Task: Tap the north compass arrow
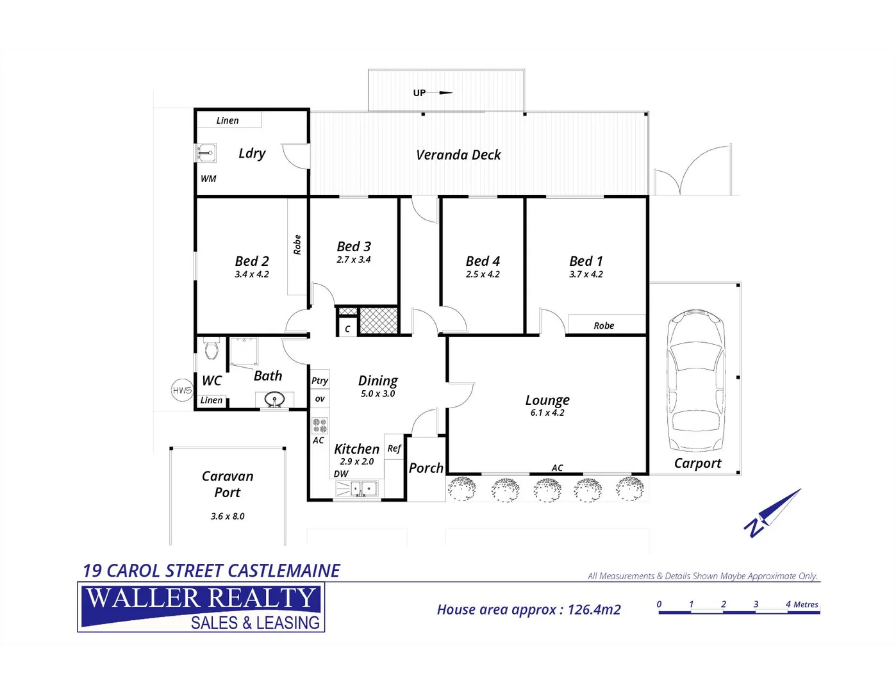tap(774, 512)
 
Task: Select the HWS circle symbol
tap(182, 390)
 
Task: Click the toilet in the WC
tap(212, 349)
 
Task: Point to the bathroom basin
tap(274, 400)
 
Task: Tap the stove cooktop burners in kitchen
tap(319, 425)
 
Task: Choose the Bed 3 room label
tap(354, 247)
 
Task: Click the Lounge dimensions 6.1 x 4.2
tap(547, 413)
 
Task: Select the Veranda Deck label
tap(458, 155)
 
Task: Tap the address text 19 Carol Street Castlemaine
tap(212, 570)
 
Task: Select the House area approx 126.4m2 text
tap(529, 609)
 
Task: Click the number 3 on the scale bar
tap(756, 604)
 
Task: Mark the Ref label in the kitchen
tap(394, 449)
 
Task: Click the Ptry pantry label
tap(320, 381)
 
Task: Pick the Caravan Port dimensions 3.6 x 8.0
tap(228, 516)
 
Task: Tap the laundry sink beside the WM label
tap(205, 153)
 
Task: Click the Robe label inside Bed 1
tap(604, 325)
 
